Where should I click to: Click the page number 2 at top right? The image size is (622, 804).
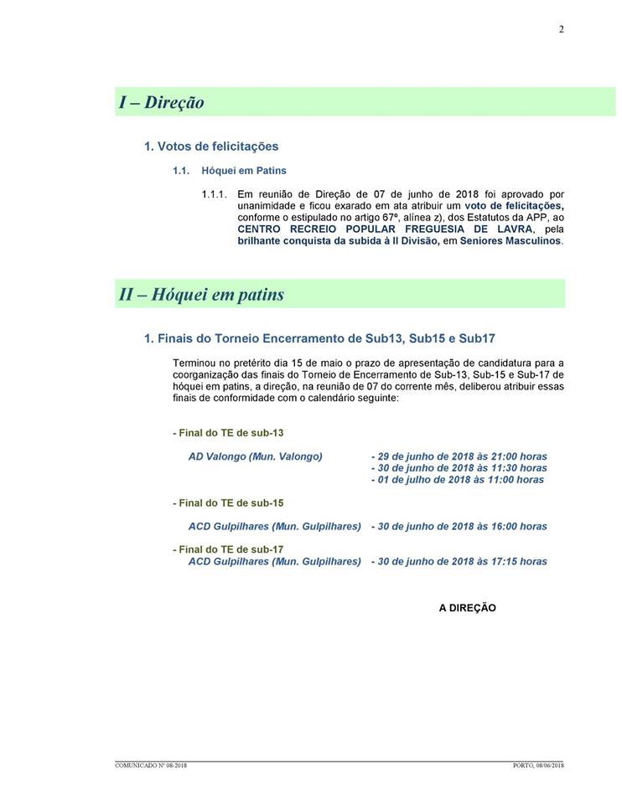561,29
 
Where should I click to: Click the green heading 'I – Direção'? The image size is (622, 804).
162,102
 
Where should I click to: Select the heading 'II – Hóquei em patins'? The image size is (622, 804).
201,295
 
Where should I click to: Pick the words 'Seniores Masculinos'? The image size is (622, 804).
511,241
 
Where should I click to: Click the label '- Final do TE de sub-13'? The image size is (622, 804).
228,433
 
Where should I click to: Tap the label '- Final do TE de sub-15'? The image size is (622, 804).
228,503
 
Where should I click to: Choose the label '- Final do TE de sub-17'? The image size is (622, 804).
228,549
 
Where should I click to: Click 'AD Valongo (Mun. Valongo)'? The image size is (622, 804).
256,456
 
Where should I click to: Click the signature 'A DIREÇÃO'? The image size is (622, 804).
468,608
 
